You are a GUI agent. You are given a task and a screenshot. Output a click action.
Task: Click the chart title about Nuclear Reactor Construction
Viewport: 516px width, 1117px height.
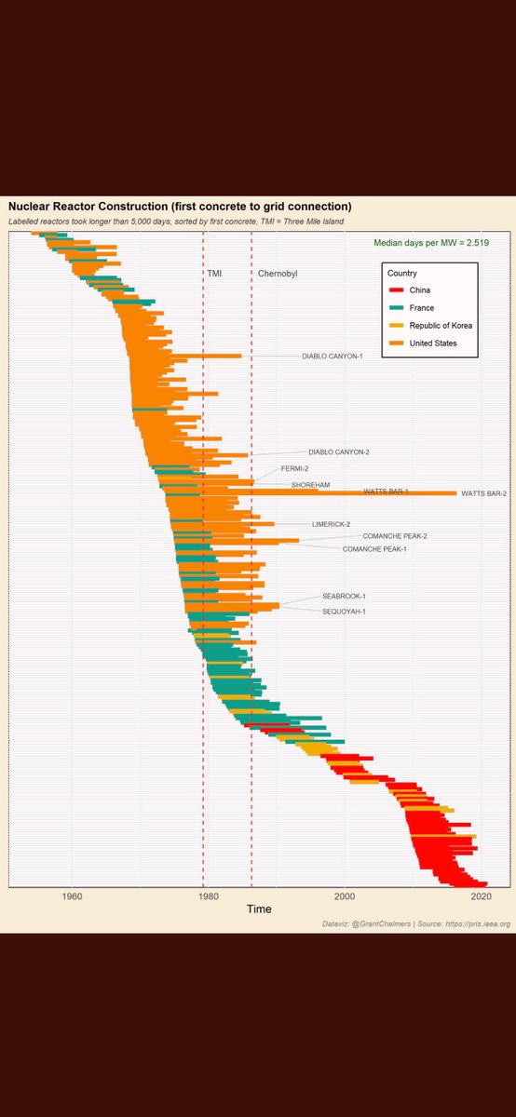[x=180, y=205]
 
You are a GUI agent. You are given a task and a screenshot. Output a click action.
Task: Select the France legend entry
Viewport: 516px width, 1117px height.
[x=422, y=308]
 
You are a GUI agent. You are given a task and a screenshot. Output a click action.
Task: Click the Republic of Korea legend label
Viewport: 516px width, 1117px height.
[x=441, y=326]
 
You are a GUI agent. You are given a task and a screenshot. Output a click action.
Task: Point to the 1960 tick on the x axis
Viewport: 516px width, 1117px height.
[x=71, y=896]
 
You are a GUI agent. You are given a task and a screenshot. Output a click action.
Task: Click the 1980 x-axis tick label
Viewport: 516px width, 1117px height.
[x=208, y=896]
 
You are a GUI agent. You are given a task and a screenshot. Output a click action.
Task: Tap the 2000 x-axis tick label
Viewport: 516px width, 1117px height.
[x=345, y=896]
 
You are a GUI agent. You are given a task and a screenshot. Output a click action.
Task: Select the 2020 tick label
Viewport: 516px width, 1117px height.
[x=482, y=896]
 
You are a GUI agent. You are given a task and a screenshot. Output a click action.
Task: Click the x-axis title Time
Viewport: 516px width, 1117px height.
[x=259, y=909]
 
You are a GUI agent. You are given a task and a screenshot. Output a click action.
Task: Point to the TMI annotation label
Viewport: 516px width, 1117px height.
[x=214, y=274]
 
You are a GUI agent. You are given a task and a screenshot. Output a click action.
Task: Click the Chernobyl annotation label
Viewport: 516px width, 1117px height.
[x=277, y=274]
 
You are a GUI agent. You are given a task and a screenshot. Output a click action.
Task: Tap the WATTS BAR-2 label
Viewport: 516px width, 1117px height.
[x=483, y=493]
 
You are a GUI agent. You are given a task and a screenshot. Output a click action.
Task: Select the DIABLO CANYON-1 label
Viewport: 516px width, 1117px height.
[x=332, y=356]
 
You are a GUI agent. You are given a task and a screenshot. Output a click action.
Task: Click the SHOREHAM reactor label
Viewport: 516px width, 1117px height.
[x=310, y=485]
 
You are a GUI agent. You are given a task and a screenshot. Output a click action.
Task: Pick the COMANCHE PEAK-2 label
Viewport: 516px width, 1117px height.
[x=394, y=536]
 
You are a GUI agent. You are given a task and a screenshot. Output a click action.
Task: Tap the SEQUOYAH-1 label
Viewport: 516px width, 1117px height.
[x=344, y=612]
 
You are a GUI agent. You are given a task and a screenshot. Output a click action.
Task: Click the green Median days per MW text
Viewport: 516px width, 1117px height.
[x=431, y=242]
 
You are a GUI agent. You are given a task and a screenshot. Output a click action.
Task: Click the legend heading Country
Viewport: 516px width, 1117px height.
[x=401, y=274]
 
